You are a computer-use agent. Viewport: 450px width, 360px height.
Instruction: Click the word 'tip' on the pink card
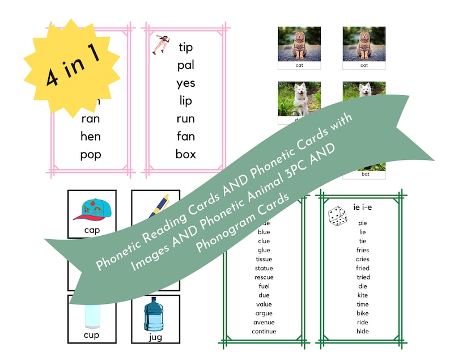[x=185, y=47]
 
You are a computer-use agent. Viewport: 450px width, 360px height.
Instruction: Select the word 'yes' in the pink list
[x=185, y=83]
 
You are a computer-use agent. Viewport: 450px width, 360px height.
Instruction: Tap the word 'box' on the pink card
[x=185, y=154]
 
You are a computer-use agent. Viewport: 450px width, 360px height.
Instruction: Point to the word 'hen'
[x=91, y=136]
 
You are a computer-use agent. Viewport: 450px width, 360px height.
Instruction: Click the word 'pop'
[x=91, y=154]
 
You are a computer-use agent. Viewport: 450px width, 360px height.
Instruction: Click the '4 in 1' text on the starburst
[x=70, y=67]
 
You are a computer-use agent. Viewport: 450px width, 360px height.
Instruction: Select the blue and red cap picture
[x=92, y=209]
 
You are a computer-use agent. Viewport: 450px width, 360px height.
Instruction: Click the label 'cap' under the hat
[x=92, y=230]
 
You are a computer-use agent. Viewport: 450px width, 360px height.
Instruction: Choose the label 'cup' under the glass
[x=92, y=335]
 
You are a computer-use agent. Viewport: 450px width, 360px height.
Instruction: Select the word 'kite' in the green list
[x=363, y=295]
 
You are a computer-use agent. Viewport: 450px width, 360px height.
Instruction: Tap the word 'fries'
[x=363, y=250]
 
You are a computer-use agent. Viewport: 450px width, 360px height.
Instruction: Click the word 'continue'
[x=264, y=331]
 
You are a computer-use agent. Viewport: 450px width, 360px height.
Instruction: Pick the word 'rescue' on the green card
[x=264, y=277]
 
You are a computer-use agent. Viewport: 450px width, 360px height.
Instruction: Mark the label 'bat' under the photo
[x=364, y=175]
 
